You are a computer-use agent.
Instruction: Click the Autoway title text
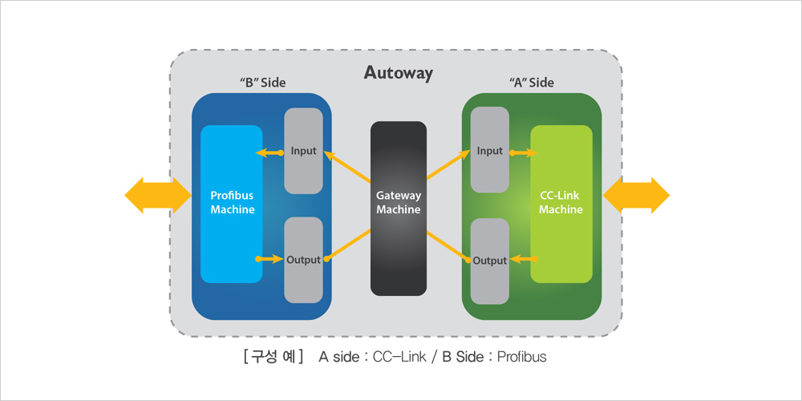398,73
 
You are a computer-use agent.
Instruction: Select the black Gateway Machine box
399,209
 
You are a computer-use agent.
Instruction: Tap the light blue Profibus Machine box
231,204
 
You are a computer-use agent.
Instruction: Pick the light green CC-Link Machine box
561,204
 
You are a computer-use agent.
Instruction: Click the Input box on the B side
303,151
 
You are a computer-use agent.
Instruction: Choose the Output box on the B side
303,260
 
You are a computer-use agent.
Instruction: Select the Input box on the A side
489,150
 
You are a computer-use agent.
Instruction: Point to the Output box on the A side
489,261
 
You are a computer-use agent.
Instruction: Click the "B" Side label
263,83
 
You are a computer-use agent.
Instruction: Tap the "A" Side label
531,83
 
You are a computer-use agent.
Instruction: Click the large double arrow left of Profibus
157,196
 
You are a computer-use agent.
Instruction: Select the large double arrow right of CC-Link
636,196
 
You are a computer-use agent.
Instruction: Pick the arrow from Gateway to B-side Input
347,166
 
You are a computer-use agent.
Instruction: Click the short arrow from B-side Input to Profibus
269,152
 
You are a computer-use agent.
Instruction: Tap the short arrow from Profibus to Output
270,259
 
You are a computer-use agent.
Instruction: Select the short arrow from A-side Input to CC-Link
523,152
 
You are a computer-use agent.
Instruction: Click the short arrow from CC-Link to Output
523,259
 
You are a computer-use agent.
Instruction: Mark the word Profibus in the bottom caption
522,357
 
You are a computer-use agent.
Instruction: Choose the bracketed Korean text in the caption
273,357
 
